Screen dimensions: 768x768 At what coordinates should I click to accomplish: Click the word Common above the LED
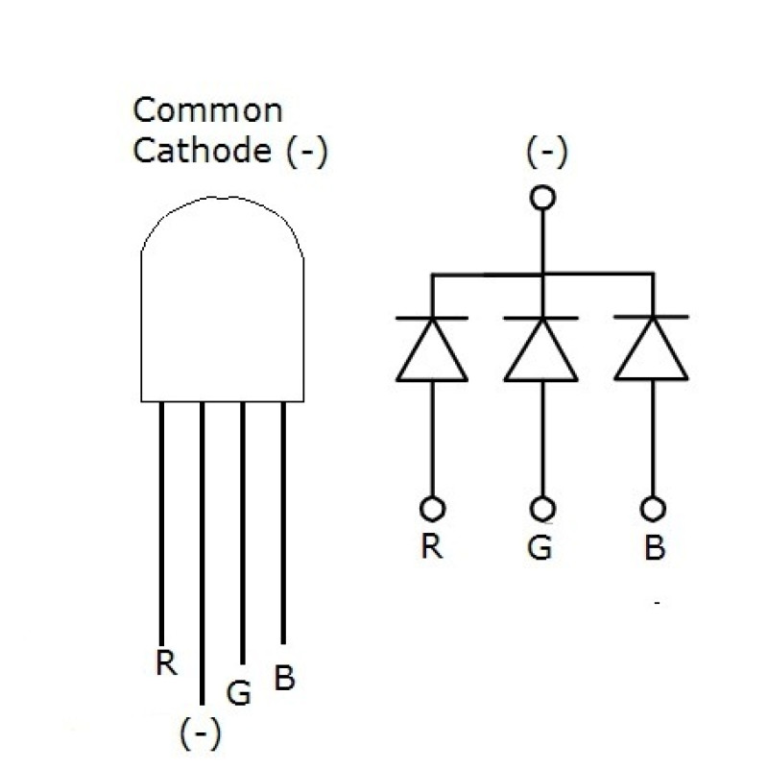(207, 110)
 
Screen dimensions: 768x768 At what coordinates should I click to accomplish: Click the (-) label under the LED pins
(201, 733)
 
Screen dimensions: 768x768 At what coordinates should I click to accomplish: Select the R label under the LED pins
(166, 663)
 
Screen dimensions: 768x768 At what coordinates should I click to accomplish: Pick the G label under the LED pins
(239, 692)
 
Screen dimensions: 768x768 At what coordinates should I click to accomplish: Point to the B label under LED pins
(284, 678)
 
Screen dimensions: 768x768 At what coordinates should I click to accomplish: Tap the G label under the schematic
(540, 547)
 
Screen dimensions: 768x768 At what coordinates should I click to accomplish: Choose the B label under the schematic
(655, 548)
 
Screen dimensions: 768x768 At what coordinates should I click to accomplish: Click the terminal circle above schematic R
(432, 507)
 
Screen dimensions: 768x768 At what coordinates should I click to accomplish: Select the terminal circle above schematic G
(543, 507)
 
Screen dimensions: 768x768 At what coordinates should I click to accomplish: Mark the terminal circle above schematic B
(654, 507)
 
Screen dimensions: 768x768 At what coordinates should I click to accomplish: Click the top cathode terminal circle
(543, 198)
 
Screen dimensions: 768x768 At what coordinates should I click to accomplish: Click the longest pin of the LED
(202, 557)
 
